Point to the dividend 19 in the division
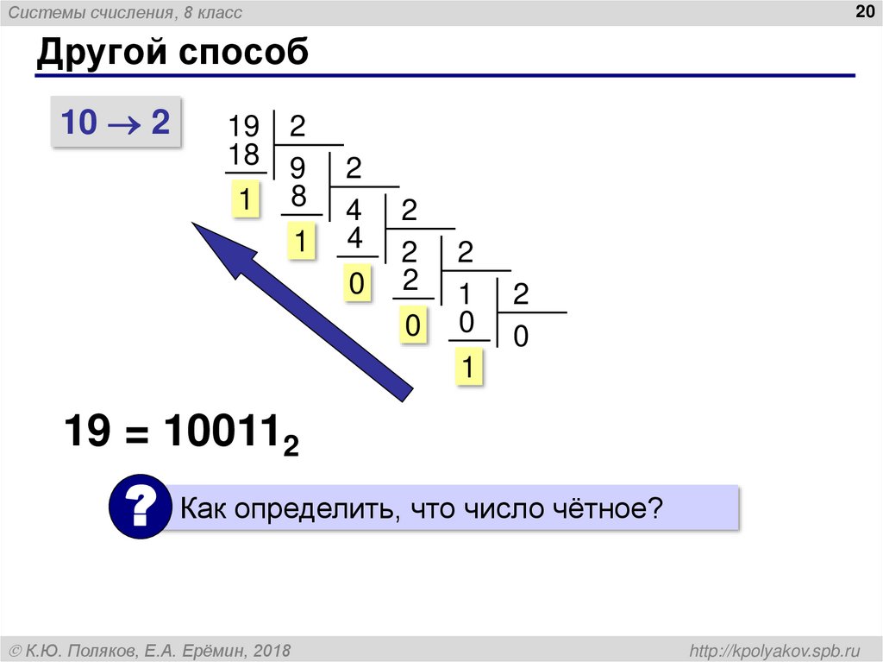pyautogui.click(x=243, y=128)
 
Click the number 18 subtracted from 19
pyautogui.click(x=244, y=156)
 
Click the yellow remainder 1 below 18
pyautogui.click(x=245, y=202)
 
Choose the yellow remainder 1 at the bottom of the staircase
pyautogui.click(x=467, y=369)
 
